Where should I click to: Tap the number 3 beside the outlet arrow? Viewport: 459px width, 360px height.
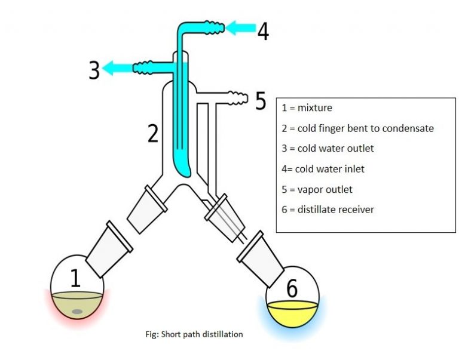94,70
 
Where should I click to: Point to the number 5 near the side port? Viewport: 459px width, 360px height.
261,101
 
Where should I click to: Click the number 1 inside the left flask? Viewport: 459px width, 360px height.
75,278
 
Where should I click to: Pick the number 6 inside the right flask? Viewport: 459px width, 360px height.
292,288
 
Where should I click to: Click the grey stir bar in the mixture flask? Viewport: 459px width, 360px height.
77,311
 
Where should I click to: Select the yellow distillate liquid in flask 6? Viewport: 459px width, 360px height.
292,311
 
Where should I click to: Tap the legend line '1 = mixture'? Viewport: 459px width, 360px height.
307,108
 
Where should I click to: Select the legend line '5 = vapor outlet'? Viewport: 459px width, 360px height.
317,189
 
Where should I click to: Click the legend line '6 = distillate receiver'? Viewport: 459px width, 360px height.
328,210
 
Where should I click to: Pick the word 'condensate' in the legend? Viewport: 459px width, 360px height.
411,128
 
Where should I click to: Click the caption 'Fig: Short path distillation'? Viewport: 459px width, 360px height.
189,334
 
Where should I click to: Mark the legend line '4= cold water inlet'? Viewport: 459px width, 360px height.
323,169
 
